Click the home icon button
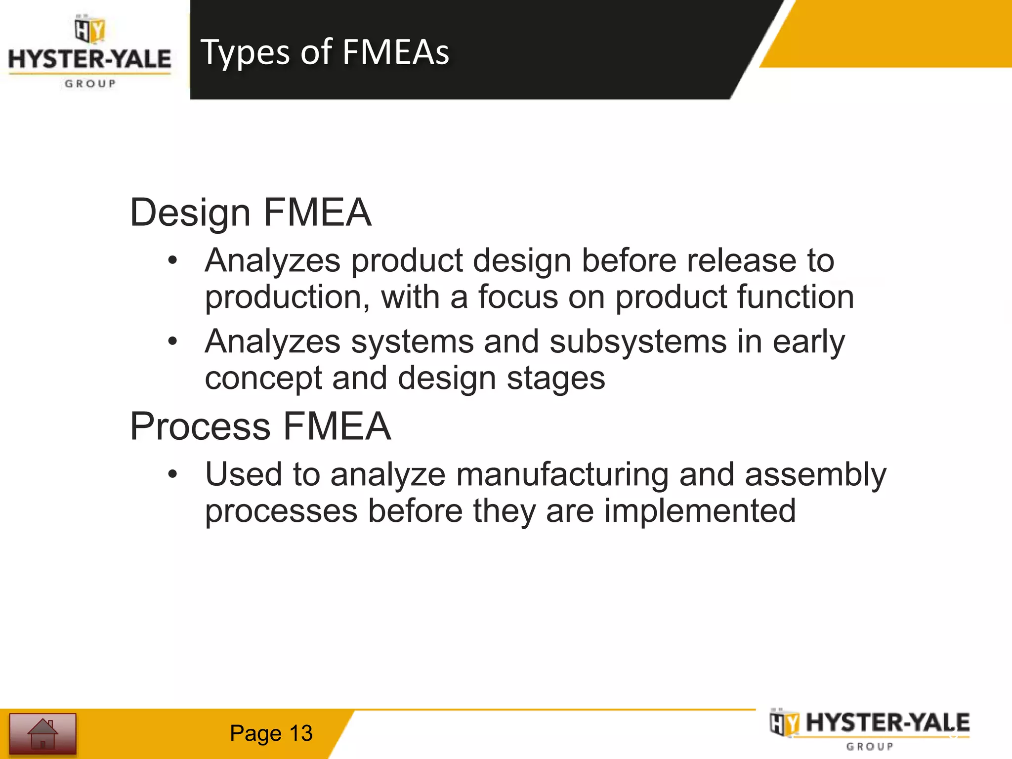point(43,734)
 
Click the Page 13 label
point(271,733)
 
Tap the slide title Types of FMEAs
point(325,52)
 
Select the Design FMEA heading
point(251,212)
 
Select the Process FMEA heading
point(260,426)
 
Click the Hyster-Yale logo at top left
point(90,52)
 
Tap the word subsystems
point(638,341)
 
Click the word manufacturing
point(562,474)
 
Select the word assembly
point(815,474)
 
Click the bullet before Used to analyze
point(172,474)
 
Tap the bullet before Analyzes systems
point(172,341)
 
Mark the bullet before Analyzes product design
point(172,260)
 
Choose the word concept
point(263,378)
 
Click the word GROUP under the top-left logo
point(90,84)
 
